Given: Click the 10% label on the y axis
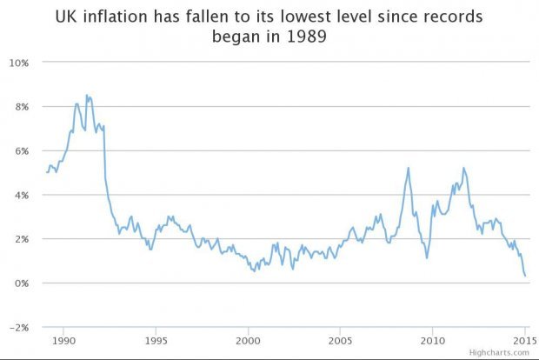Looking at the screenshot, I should pos(19,63).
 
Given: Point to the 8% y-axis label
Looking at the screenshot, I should pos(22,106).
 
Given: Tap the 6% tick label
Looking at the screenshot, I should pos(22,150).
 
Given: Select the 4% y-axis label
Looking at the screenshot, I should pos(22,195).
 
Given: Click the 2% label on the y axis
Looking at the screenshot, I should pos(22,238).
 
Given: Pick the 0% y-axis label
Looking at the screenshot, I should pos(22,283).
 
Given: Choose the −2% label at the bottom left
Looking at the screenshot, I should pos(19,327).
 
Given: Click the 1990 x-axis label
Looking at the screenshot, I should pos(64,340).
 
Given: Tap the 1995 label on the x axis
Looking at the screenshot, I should pos(156,340).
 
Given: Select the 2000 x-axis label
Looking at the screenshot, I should pos(249,340).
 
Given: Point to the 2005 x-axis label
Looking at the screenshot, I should pos(341,340).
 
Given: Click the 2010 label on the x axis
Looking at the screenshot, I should pos(433,340).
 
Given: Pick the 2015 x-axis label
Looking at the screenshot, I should pos(524,340).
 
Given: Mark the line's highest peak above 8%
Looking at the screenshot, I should pos(87,96).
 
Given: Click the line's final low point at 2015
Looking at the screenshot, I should pos(525,277).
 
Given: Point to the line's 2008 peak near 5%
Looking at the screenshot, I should pos(408,168).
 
